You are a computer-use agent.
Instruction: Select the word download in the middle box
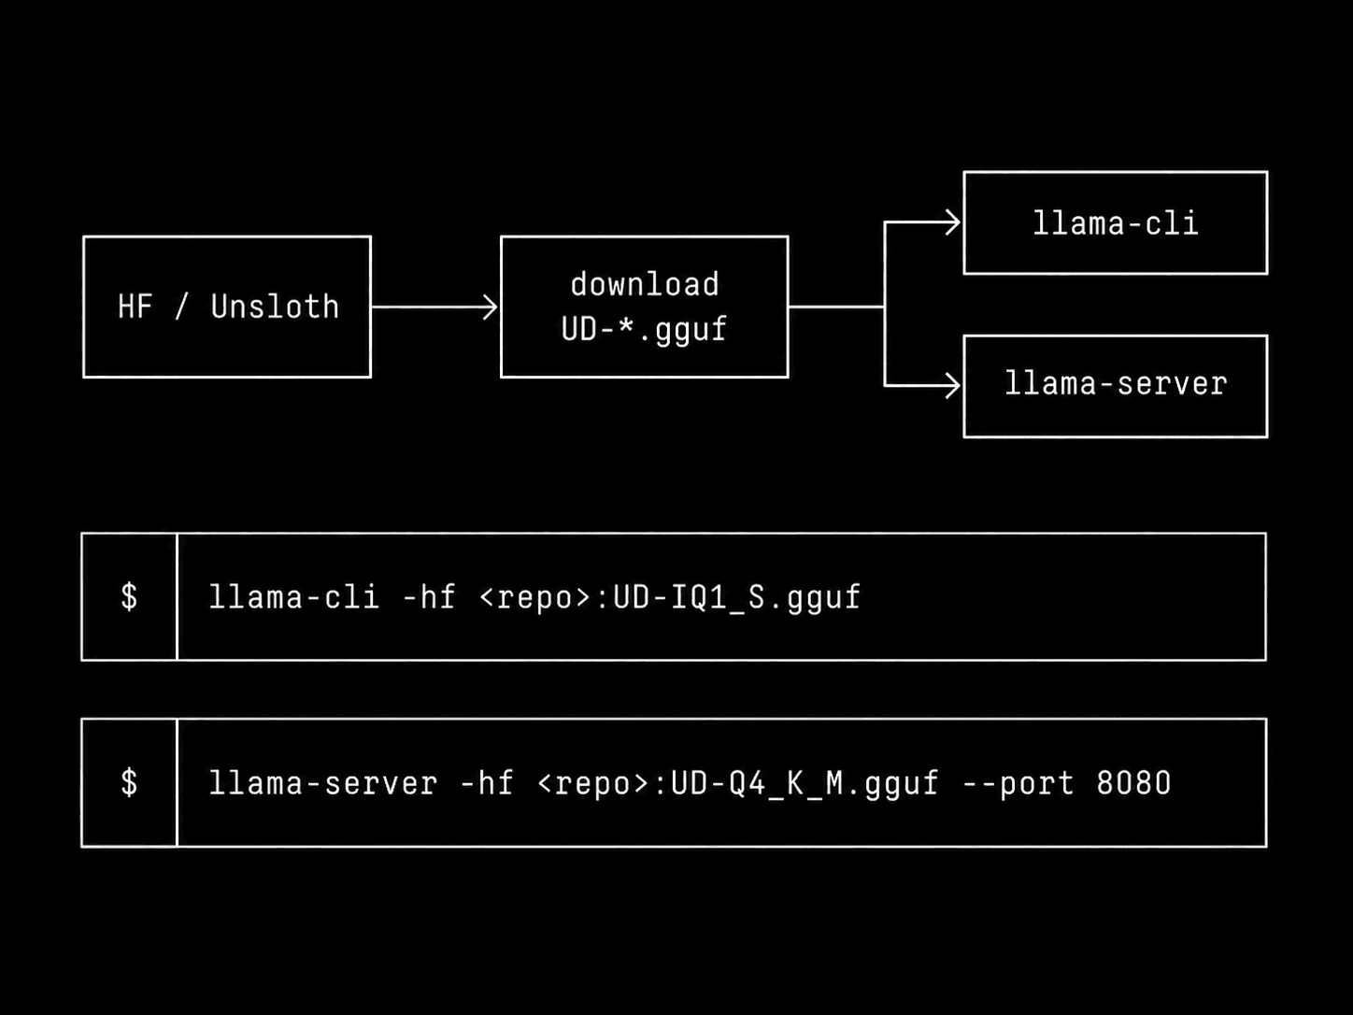pos(645,284)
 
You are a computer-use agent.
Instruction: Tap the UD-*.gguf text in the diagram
pos(644,330)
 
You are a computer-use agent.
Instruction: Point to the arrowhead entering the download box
pos(491,307)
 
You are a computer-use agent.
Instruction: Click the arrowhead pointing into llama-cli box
pos(953,222)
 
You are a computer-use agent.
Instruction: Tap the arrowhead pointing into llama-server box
pos(953,386)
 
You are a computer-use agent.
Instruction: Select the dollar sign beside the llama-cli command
pos(130,596)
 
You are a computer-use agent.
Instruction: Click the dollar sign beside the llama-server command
pos(130,782)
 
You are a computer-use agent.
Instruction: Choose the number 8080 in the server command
pos(1133,782)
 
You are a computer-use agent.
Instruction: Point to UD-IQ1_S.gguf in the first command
pos(736,597)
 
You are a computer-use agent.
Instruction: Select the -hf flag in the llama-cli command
pos(429,596)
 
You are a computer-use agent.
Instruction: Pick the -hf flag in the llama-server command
pos(487,782)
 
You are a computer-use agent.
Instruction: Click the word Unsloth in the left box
pos(275,307)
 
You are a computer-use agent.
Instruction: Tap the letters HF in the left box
pos(135,307)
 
